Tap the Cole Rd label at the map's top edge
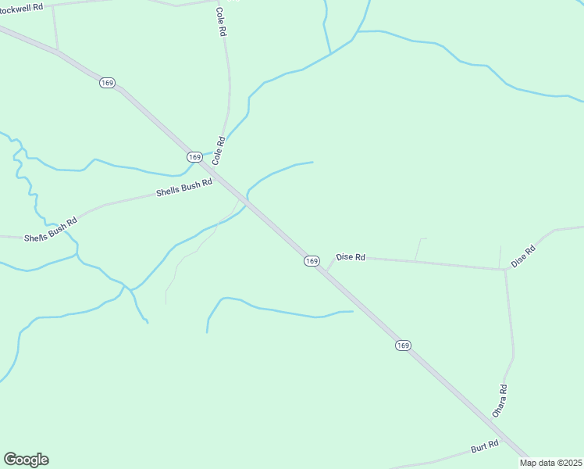pyautogui.click(x=221, y=21)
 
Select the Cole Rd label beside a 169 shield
pyautogui.click(x=220, y=150)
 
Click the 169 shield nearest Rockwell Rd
pyautogui.click(x=108, y=82)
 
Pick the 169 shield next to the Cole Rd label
pyautogui.click(x=195, y=157)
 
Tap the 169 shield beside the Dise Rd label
pyautogui.click(x=312, y=261)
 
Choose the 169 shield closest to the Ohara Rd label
pyautogui.click(x=403, y=345)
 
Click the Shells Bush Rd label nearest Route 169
pyautogui.click(x=184, y=188)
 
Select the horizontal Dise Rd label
pyautogui.click(x=351, y=256)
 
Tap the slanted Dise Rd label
pyautogui.click(x=523, y=256)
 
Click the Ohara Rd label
pyautogui.click(x=500, y=400)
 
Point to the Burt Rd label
pyautogui.click(x=484, y=449)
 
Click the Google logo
pyautogui.click(x=26, y=460)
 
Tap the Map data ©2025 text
pyautogui.click(x=550, y=463)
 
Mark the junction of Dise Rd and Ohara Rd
pyautogui.click(x=504, y=270)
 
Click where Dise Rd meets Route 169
pyautogui.click(x=327, y=270)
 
